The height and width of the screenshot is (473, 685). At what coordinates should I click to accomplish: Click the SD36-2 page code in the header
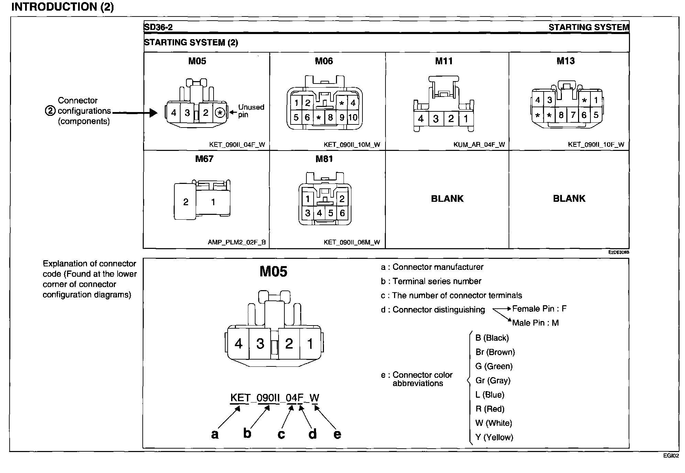point(159,27)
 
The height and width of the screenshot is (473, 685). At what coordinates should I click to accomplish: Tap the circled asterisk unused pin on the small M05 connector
point(220,113)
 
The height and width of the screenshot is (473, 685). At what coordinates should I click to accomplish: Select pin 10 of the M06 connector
point(353,118)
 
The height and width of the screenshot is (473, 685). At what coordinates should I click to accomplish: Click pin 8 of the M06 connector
point(330,118)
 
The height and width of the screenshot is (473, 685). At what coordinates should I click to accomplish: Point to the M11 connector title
point(444,61)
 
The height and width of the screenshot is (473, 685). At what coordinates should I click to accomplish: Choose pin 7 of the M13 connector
point(573,115)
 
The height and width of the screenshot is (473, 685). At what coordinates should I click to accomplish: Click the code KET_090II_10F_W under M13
point(596,145)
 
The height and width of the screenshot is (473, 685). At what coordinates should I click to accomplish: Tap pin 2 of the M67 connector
point(186,202)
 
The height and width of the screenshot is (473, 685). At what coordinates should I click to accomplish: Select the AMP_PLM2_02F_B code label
point(237,242)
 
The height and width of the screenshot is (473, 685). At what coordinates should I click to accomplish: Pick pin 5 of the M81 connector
point(331,213)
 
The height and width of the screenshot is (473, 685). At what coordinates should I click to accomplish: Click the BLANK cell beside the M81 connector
point(447,199)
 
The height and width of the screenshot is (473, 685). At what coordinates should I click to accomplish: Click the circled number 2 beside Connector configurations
point(50,111)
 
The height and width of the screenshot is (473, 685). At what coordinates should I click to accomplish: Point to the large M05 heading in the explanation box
point(273,272)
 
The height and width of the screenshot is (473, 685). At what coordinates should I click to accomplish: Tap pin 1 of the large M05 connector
point(310,344)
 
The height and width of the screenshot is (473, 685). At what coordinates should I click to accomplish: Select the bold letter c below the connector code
point(281,434)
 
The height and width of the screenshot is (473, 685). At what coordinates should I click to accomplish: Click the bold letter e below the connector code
point(337,434)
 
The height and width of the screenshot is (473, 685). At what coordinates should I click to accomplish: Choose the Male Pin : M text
point(535,323)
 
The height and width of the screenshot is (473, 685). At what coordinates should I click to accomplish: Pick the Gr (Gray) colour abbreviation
point(493,381)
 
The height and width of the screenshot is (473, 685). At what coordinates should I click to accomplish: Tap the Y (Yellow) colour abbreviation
point(494,437)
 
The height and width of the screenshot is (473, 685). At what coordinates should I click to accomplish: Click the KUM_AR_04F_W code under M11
point(479,145)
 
